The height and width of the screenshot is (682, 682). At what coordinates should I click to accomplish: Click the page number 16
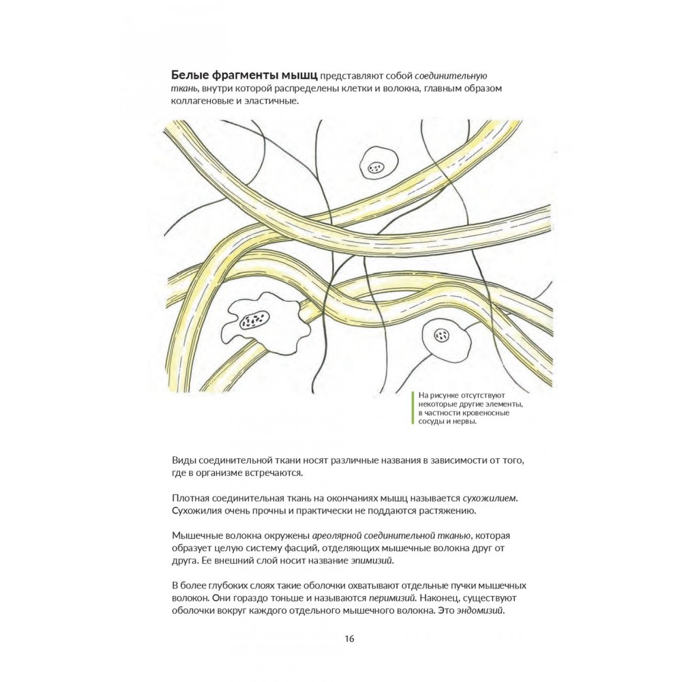coord(349,639)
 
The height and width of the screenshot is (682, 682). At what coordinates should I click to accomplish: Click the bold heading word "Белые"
coord(186,75)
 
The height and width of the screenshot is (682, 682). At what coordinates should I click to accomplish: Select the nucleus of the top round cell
coord(376,166)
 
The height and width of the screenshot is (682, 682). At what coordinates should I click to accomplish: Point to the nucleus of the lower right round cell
coord(443,335)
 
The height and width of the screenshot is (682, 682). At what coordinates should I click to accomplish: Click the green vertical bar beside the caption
coord(413,408)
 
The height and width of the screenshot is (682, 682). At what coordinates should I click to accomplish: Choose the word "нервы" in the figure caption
coord(462,421)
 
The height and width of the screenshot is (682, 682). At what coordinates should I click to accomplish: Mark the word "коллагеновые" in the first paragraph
coord(197,101)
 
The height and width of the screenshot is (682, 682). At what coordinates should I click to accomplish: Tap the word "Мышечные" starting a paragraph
coord(195,535)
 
